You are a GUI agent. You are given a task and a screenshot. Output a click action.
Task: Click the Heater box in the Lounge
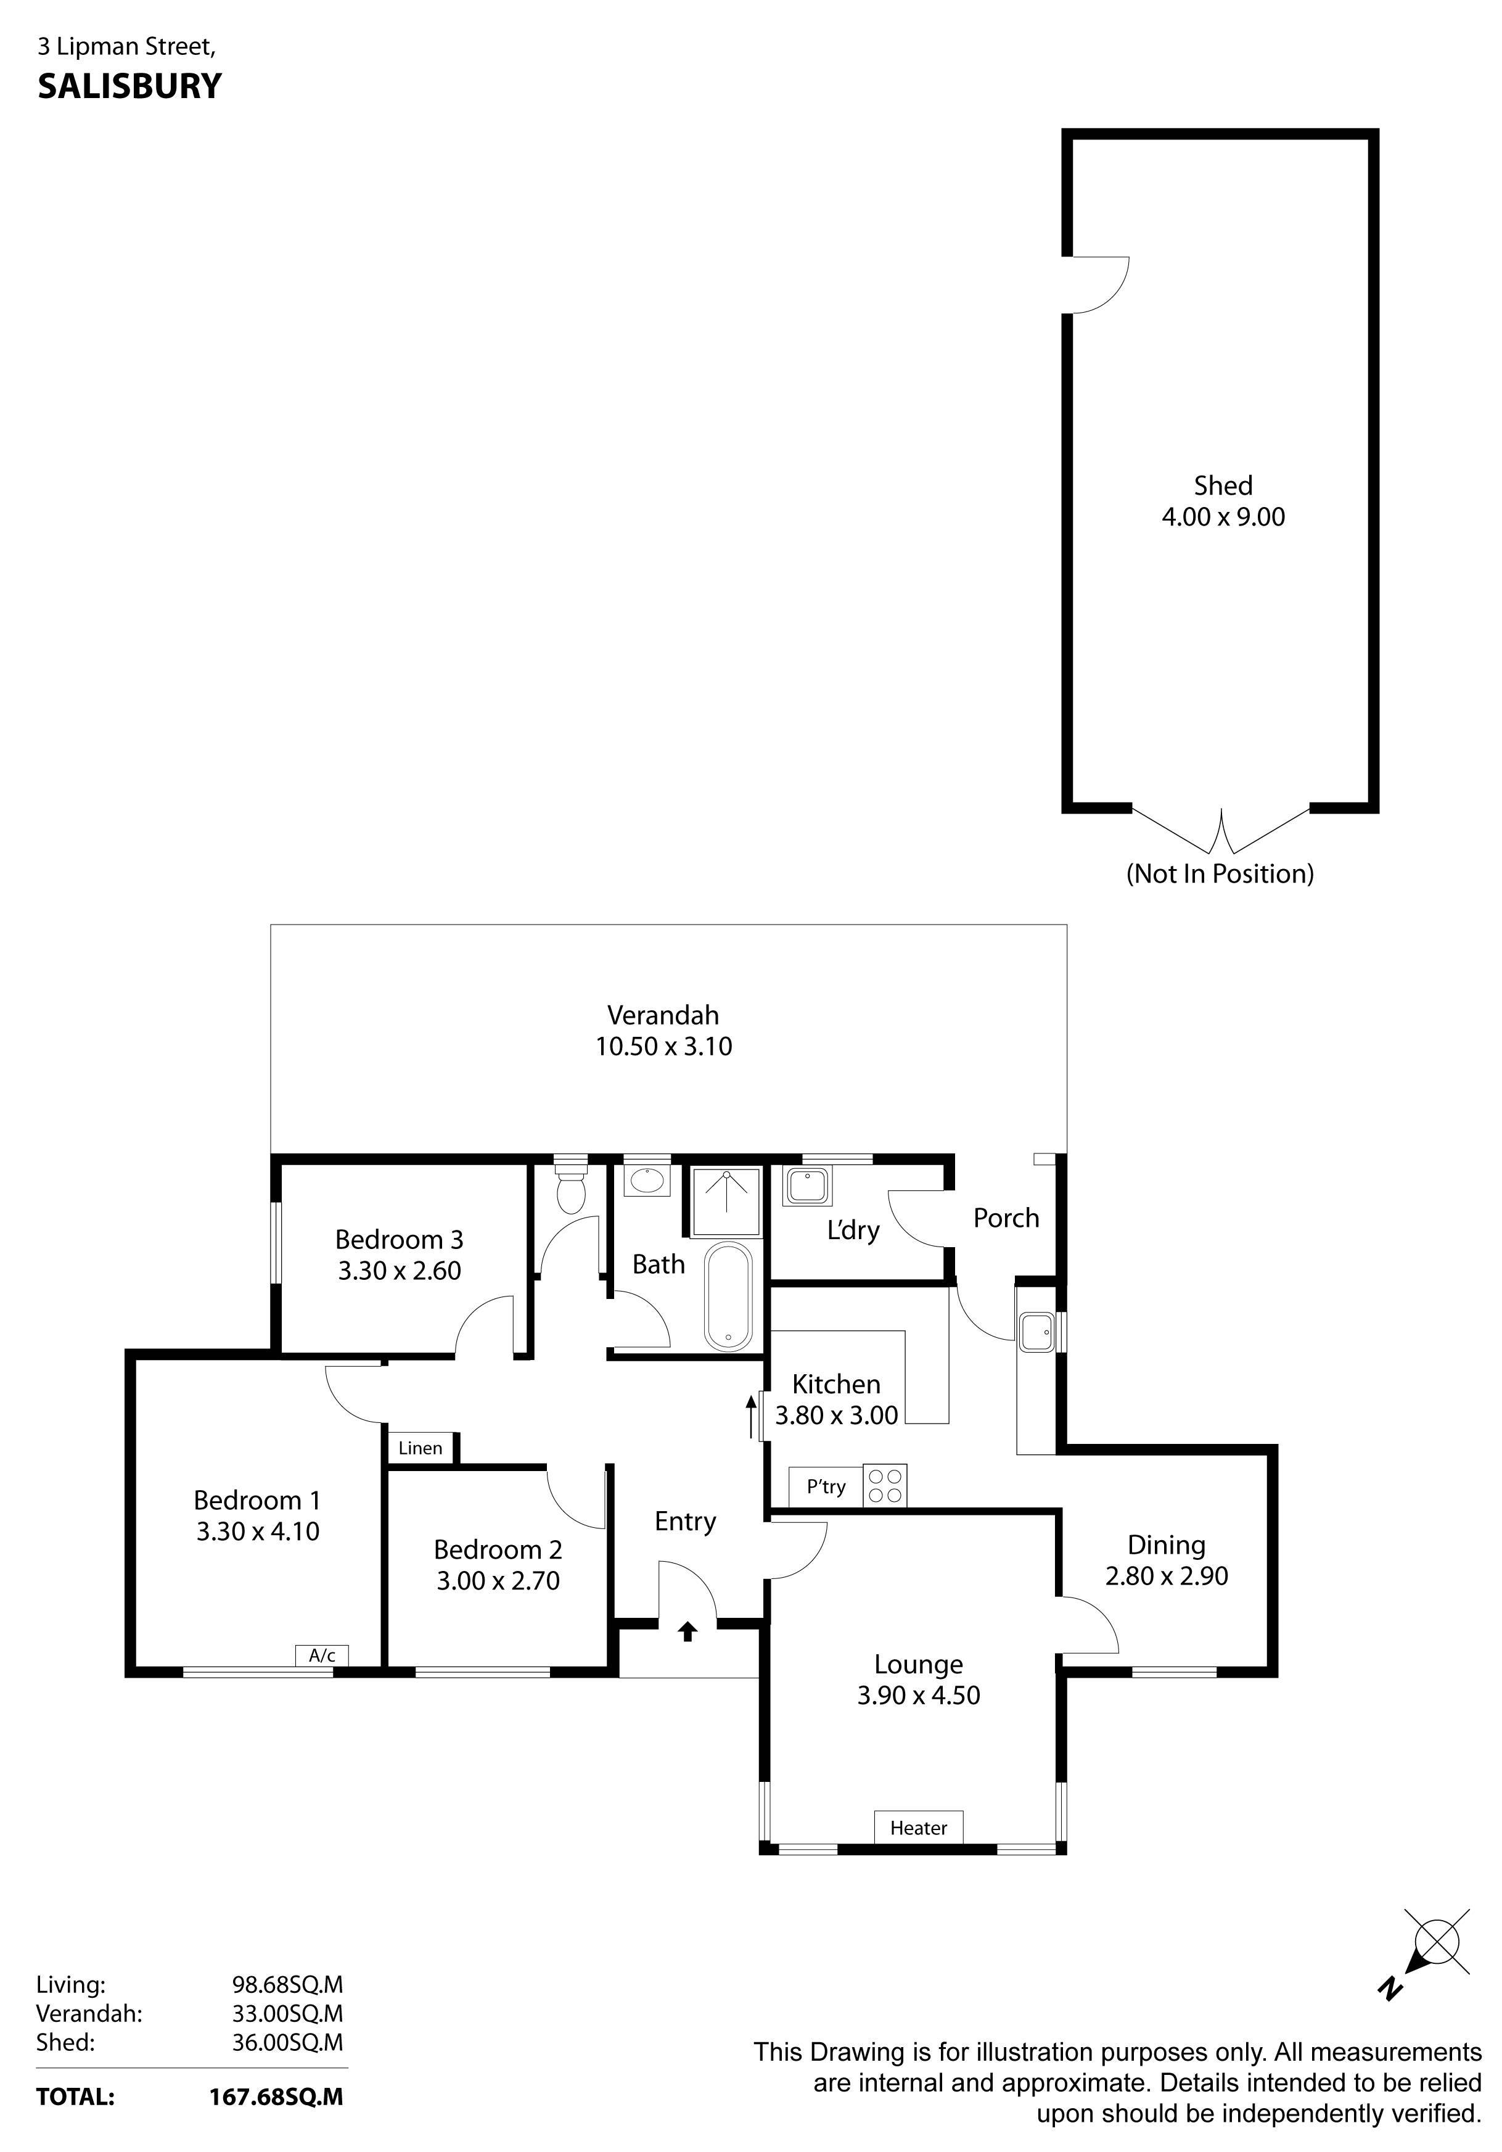click(917, 1827)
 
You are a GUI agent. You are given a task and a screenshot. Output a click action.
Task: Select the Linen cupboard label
click(420, 1448)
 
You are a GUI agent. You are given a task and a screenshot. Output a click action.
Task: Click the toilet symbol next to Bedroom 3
click(570, 1185)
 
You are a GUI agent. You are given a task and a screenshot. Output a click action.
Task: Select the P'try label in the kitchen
click(826, 1486)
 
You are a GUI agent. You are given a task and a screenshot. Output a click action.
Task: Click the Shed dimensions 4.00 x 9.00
click(1223, 516)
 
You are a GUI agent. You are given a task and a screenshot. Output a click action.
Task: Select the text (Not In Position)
click(1219, 873)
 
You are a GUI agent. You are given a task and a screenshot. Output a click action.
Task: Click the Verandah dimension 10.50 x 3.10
click(663, 1046)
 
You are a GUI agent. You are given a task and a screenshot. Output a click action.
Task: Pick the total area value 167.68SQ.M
click(276, 2096)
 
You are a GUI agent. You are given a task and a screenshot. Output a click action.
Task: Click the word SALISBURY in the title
click(129, 86)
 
